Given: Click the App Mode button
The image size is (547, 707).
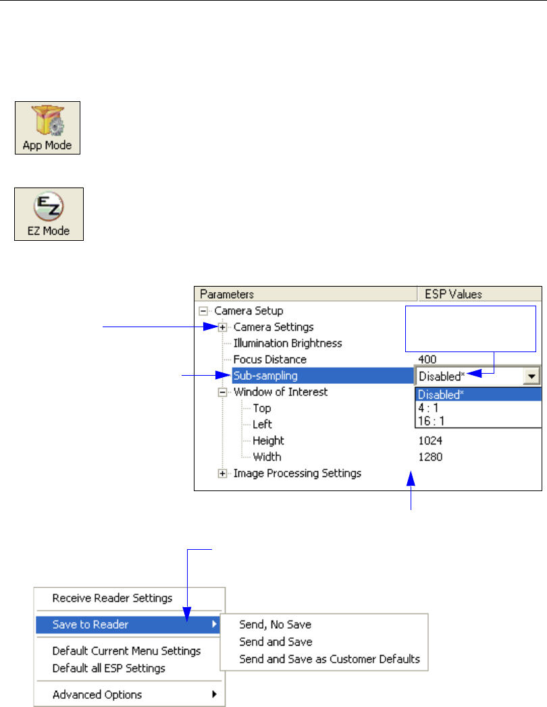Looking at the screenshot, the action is point(47,128).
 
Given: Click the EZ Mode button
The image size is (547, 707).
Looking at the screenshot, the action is point(49,215).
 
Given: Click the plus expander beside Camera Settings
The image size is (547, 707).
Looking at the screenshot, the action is point(222,327).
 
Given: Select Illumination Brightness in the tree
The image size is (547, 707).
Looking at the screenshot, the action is point(288,343).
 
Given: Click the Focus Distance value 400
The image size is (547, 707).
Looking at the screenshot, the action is point(427,360).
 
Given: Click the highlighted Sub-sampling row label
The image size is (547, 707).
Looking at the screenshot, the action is point(265,376).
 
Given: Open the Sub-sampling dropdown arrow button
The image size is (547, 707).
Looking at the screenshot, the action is point(533,376).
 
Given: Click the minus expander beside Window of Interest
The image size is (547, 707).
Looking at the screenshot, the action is point(222,392).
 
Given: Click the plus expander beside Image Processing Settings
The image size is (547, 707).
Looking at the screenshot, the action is point(222,474).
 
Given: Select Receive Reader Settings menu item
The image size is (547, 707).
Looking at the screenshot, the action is point(112,598).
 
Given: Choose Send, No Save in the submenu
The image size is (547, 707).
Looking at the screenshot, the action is point(275,625).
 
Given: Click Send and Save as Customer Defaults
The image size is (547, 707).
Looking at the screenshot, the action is point(329,659).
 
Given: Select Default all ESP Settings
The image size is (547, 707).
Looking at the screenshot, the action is point(109,668).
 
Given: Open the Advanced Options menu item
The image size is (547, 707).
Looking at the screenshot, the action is point(97,694).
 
